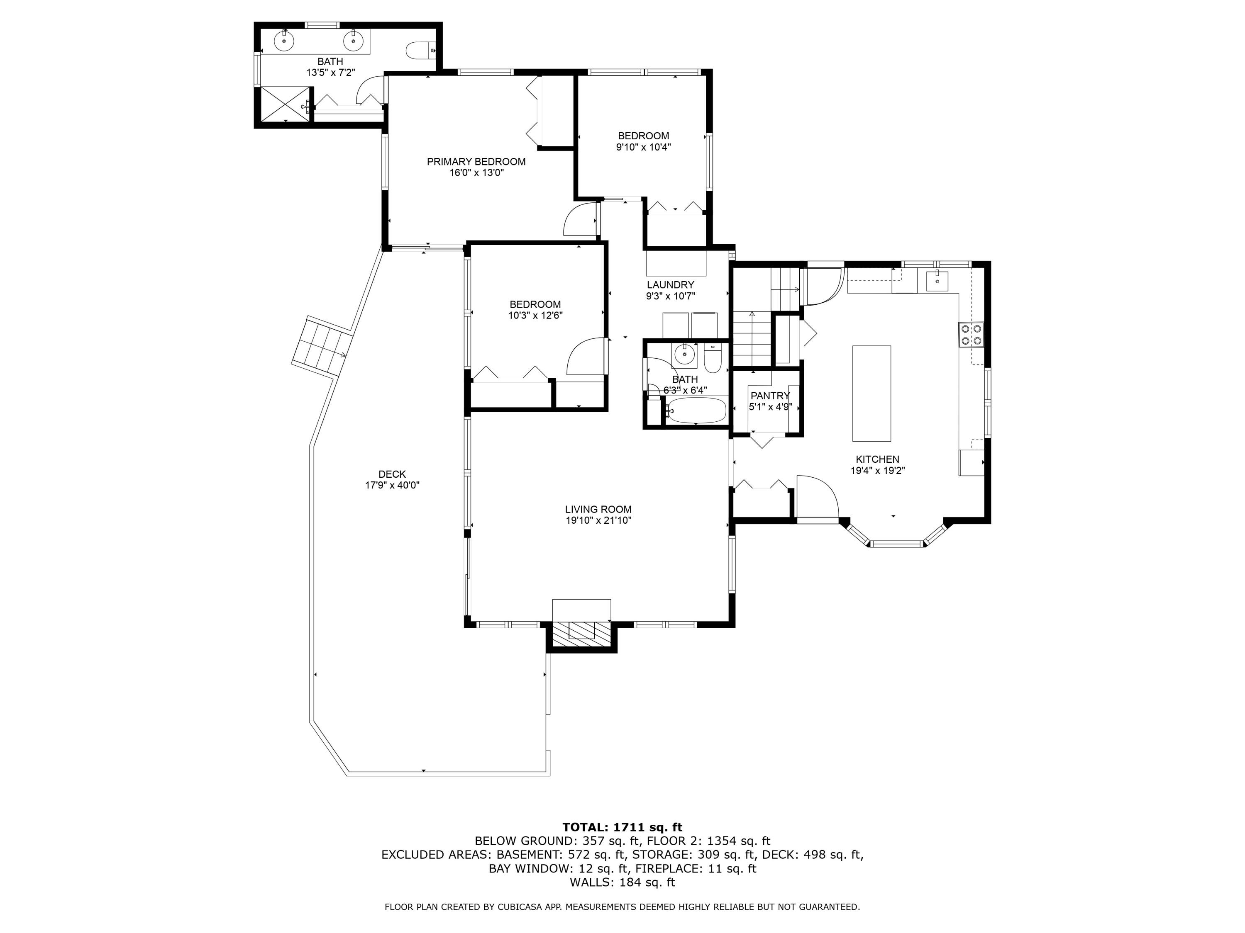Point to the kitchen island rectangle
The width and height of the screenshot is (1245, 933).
pos(871,393)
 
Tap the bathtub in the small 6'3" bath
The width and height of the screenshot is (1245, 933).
pos(696,411)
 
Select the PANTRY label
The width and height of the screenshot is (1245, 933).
pos(769,396)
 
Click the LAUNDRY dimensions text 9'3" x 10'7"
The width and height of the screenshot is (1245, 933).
pos(670,296)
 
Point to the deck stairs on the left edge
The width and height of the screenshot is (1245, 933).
pos(321,348)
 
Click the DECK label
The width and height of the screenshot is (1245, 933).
pos(392,474)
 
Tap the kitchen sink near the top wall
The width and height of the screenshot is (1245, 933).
pos(937,279)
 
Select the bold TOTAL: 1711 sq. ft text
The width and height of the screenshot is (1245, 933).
pos(622,827)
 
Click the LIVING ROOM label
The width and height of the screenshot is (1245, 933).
pos(598,510)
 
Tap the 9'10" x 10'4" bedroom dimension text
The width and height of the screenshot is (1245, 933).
pos(643,147)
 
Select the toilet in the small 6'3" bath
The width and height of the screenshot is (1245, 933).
pos(713,360)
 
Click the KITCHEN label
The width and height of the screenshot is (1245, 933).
pos(877,459)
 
